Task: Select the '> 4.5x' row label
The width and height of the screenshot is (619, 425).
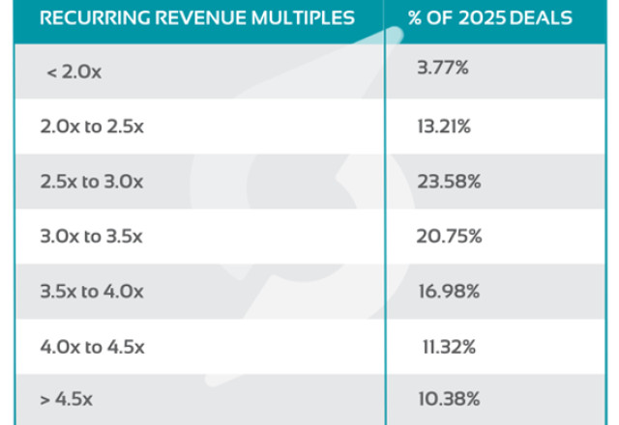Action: pos(69,397)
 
